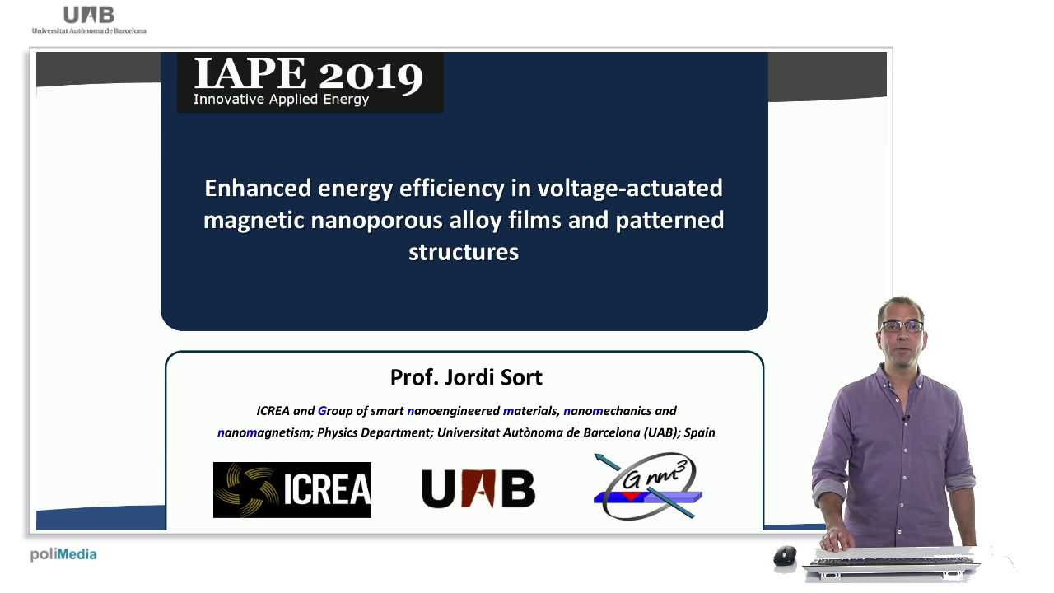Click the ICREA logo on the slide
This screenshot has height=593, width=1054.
(292, 490)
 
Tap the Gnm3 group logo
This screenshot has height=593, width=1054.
(647, 486)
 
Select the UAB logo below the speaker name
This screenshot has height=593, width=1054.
(478, 488)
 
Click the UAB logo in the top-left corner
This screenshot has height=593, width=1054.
(89, 20)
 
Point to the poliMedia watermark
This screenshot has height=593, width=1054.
(63, 554)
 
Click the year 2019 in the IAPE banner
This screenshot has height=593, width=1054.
(371, 76)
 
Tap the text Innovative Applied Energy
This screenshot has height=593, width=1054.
(282, 100)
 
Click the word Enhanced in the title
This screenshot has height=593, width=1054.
(258, 189)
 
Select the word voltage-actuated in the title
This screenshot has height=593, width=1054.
(630, 189)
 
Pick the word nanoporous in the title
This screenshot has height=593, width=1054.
(376, 220)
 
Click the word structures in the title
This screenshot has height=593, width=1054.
(464, 252)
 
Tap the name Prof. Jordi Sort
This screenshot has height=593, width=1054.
(466, 377)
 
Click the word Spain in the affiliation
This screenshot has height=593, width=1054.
(700, 432)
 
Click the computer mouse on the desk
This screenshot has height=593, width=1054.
(786, 556)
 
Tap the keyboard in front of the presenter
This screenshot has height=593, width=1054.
(892, 562)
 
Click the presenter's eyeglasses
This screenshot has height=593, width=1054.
(902, 326)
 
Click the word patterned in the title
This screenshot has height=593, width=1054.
(669, 221)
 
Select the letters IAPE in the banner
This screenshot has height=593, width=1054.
(250, 73)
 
